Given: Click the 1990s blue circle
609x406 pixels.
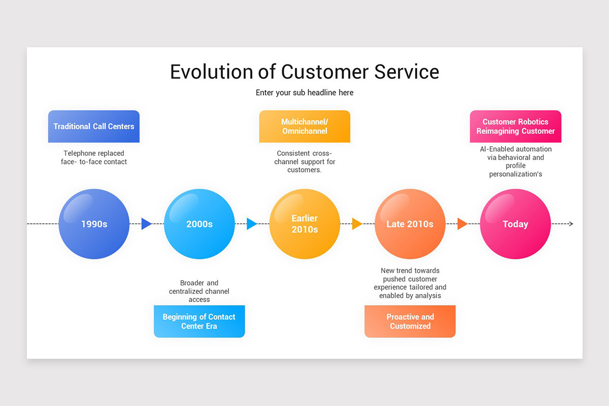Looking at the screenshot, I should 94,224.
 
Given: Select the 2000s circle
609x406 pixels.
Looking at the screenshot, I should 199,224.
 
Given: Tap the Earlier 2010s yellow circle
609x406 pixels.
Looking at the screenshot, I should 304,224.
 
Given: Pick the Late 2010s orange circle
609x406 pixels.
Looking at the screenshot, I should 410,224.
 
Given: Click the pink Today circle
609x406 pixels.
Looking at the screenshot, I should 515,224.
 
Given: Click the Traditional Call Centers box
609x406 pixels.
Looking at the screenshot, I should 94,126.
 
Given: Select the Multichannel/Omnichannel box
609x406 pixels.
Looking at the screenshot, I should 304,126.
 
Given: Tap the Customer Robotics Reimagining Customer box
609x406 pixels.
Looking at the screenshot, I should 515,126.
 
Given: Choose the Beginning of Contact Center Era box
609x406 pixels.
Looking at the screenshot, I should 199,321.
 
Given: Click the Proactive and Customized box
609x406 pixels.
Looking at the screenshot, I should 410,321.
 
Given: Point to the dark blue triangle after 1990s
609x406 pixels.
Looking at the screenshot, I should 146,224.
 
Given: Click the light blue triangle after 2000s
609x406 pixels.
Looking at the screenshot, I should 251,224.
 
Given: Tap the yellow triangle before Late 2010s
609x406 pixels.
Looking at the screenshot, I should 357,224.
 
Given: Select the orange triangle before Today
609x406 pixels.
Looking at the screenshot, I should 462,224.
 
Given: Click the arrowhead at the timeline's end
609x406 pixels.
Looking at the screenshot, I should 571,224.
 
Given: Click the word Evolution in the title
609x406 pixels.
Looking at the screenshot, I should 211,72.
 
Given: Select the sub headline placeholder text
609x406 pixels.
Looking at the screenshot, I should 304,93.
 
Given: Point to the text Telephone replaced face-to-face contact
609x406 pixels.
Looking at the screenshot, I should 94,157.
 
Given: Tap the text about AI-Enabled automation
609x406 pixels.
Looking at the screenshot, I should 515,161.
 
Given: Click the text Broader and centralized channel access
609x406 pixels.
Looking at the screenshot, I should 199,291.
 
